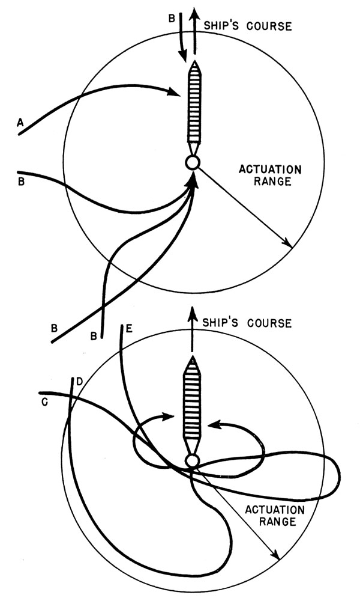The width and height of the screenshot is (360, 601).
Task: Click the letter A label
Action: [20, 123]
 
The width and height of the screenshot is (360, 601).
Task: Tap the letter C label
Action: [44, 402]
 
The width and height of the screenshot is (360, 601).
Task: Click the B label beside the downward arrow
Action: [172, 19]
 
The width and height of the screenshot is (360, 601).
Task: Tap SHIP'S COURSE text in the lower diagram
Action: [246, 323]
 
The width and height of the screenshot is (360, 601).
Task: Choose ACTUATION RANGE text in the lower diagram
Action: [275, 515]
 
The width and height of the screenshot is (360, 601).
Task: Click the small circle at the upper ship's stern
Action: [193, 162]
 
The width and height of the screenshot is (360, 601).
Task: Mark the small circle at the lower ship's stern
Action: [192, 461]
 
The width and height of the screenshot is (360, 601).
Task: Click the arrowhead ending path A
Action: [174, 93]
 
